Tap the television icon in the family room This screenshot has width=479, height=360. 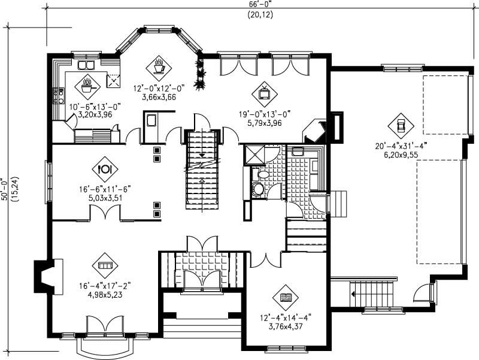coord(263,92)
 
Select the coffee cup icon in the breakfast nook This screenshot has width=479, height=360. coord(159,65)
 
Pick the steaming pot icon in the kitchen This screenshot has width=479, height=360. coord(87,84)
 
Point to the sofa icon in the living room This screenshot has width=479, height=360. coord(105,264)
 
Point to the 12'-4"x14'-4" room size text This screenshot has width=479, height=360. coord(286,317)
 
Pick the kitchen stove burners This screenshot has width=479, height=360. coord(59,96)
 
